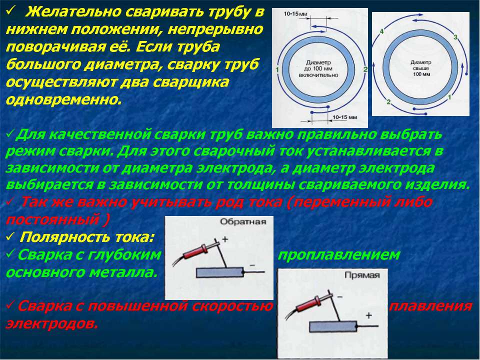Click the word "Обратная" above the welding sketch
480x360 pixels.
243,221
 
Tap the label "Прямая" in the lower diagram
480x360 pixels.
362,275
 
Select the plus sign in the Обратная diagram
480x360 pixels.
225,239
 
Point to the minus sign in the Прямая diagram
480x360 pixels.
340,296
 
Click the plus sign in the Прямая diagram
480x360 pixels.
368,315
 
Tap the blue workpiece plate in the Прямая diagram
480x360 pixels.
333,326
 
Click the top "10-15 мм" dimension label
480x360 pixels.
295,14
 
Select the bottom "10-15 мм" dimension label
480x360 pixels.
344,117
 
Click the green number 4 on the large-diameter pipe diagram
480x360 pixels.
381,31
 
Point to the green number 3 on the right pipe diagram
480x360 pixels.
455,37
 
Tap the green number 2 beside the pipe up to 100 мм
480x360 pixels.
365,69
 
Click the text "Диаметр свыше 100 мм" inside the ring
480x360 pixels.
421,68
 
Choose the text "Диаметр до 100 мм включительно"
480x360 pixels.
318,68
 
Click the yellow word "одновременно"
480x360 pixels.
63,99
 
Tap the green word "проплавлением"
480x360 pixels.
338,254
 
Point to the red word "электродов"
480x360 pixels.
51,323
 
